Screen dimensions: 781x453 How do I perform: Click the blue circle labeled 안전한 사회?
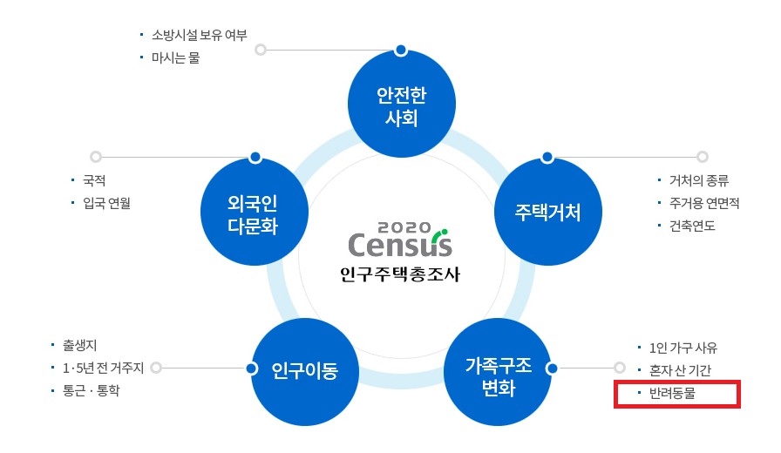(402, 104)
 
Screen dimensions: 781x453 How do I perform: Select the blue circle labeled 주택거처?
(548, 212)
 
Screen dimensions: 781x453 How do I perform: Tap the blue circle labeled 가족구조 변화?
(498, 372)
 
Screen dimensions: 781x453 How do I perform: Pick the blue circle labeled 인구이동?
(305, 372)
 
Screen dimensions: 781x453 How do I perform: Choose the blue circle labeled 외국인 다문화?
(255, 212)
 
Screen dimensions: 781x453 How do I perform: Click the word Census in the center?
(400, 245)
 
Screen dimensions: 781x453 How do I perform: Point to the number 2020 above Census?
(404, 227)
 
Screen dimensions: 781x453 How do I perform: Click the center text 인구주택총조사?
(400, 274)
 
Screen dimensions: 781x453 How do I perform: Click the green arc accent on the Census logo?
(438, 234)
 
